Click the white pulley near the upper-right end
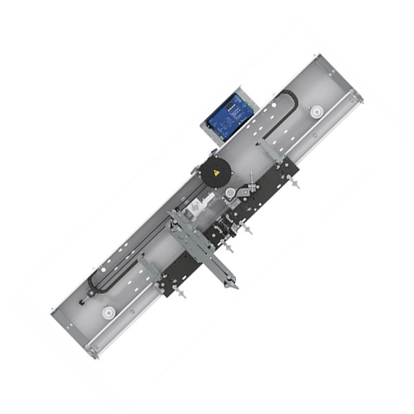[317, 110]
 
